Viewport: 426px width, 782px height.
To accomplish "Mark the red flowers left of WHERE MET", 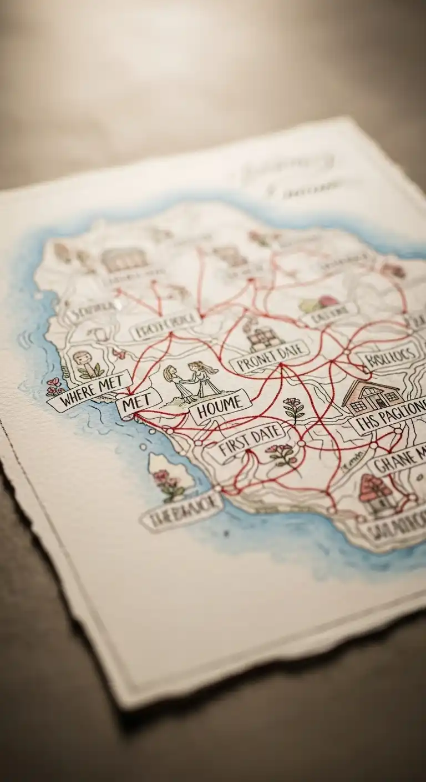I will (x=54, y=385).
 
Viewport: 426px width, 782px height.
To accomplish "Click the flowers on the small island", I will (x=168, y=483).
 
